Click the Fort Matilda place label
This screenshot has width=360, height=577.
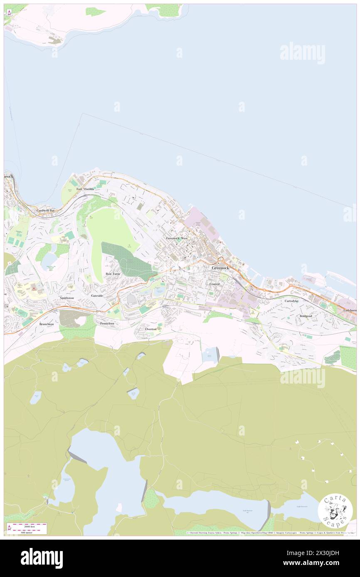pos(85,189)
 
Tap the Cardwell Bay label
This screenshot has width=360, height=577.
pos(46,211)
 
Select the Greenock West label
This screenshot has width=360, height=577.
pos(177,238)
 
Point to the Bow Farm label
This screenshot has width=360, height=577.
pos(113,274)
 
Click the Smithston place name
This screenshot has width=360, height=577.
pos(67,298)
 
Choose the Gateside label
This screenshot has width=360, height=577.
pos(97,295)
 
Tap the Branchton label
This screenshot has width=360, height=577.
pos(47,324)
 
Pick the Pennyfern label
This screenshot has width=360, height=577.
pos(107,323)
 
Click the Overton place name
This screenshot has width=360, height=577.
pos(151,329)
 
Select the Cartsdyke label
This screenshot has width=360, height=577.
pos(291,301)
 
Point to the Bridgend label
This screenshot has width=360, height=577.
pos(306,316)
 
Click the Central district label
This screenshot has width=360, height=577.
pos(215,284)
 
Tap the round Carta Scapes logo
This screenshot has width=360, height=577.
pos(335,511)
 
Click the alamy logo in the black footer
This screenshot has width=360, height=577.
pos(42,558)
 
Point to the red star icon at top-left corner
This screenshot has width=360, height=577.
pos(9,12)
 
